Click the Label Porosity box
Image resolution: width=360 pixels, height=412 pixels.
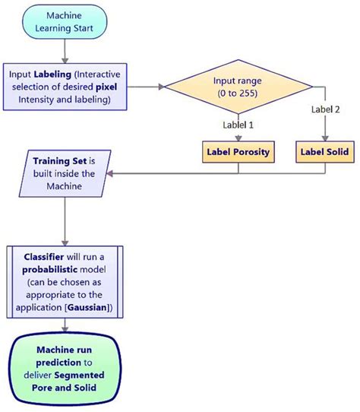pos(239,152)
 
